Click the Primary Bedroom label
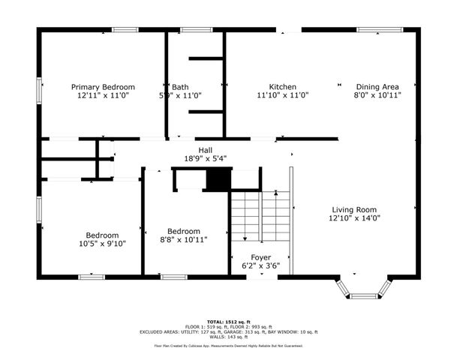coord(103,86)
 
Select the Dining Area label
coord(378,86)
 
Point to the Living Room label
coord(355,210)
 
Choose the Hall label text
coord(205,149)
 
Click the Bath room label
coord(179,86)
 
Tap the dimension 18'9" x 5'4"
coord(206,158)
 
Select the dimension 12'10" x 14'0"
coord(355,218)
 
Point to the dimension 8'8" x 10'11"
coord(183,239)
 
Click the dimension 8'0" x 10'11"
coord(378,95)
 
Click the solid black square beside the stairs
coord(219,180)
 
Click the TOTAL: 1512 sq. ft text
coord(233,319)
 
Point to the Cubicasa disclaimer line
coord(233,346)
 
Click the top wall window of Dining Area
coord(373,30)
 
